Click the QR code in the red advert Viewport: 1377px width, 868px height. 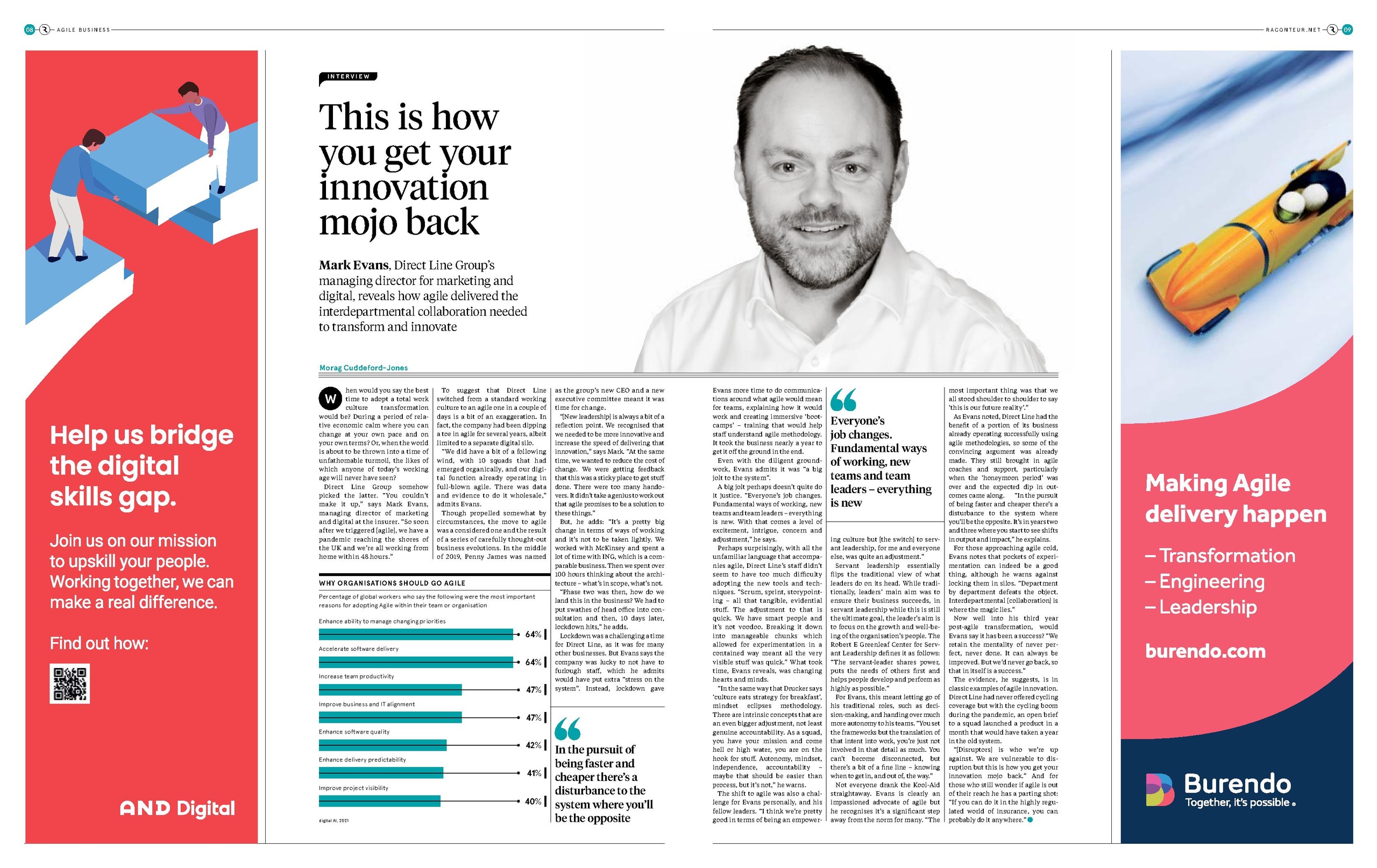pos(69,684)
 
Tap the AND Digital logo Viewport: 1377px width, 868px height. pos(178,808)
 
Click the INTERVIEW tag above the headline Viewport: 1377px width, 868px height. pos(348,76)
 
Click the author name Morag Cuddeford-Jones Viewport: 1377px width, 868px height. pos(363,368)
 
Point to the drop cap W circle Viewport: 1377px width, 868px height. pos(330,399)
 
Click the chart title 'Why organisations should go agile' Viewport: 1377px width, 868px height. pos(392,582)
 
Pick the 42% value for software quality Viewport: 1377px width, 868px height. pos(533,745)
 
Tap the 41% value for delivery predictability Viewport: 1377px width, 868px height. pos(534,773)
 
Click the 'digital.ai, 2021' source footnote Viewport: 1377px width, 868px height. pos(333,821)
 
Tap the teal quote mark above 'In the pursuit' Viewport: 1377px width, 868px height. pos(567,729)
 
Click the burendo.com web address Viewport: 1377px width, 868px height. pos(1205,651)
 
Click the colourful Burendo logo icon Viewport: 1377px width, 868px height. pos(1160,790)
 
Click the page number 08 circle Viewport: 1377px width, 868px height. pos(30,30)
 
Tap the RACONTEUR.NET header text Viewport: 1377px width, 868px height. pos(1293,30)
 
